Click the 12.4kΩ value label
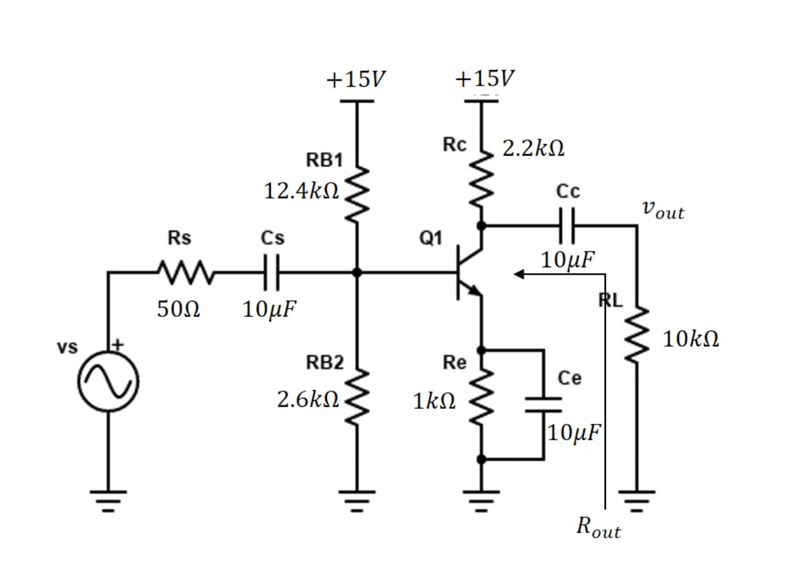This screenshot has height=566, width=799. point(301,191)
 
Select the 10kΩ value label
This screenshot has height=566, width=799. point(691,338)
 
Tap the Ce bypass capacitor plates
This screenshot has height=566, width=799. point(543,404)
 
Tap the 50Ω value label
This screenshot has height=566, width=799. point(177,310)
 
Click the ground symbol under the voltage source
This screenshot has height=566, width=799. point(109,498)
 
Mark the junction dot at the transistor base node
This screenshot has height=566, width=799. point(357,273)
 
